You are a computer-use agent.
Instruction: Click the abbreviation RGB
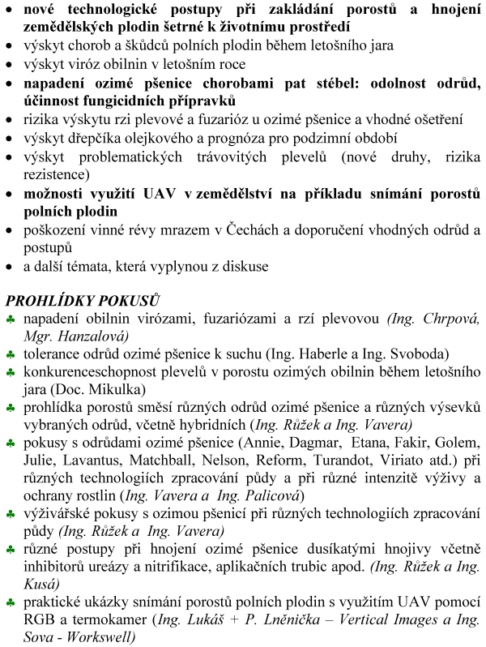(37, 620)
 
